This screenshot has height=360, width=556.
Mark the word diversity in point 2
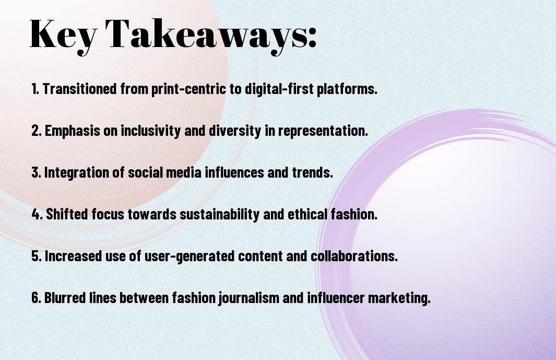[x=234, y=131]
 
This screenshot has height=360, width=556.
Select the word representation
[x=322, y=131]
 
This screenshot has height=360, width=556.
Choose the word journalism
[x=247, y=298]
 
